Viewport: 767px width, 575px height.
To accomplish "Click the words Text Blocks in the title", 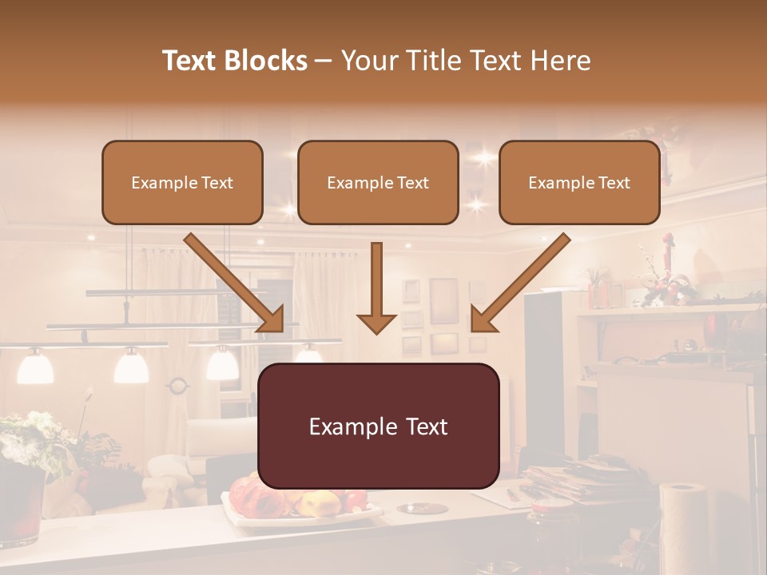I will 234,61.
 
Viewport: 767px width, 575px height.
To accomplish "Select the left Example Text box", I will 182,182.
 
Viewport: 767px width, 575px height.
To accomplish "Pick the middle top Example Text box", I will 378,182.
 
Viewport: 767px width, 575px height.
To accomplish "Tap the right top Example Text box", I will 579,182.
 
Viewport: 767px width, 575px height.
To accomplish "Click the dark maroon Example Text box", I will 378,426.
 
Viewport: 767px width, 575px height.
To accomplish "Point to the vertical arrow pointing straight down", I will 376,288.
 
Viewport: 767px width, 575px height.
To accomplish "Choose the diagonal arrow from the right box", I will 520,283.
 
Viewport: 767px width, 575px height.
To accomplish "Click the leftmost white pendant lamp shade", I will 35,367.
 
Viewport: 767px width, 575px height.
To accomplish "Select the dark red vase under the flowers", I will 21,508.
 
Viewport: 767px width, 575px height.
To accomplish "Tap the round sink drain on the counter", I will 422,508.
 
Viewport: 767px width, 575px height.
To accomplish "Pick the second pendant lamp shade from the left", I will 131,367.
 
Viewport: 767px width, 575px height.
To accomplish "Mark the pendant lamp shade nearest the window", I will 222,364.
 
